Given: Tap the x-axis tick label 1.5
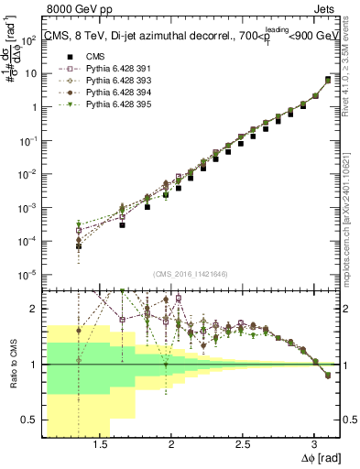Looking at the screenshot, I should tap(102, 445).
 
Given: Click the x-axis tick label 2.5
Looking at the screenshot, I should tap(243, 445).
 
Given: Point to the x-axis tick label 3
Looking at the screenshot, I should tap(314, 445).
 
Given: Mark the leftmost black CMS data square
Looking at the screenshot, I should tap(79, 246).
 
